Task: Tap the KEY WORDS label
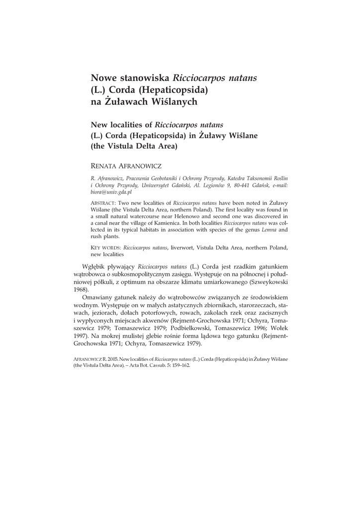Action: (105, 247)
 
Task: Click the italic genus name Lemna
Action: (269, 230)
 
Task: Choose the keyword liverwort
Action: (183, 247)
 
